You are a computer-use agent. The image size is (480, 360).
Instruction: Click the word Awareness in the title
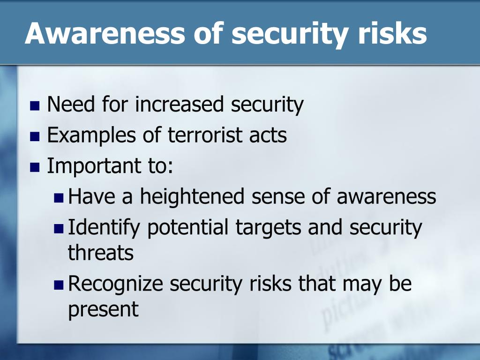pyautogui.click(x=105, y=33)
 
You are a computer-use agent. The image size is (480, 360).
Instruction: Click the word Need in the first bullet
pyautogui.click(x=71, y=105)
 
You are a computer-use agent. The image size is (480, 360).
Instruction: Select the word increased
pyautogui.click(x=180, y=105)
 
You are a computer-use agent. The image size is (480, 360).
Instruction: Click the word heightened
pyautogui.click(x=192, y=196)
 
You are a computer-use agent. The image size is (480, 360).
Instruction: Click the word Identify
pyautogui.click(x=104, y=228)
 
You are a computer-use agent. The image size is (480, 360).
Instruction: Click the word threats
pyautogui.click(x=100, y=253)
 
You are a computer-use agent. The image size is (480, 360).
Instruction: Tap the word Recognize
pyautogui.click(x=115, y=284)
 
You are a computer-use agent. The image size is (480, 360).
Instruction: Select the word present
pyautogui.click(x=103, y=310)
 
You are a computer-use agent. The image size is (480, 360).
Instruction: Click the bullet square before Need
pyautogui.click(x=35, y=105)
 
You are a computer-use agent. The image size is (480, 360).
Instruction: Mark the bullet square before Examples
pyautogui.click(x=35, y=136)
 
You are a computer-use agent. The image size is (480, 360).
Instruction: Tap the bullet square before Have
pyautogui.click(x=59, y=198)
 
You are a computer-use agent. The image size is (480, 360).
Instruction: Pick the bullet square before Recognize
pyautogui.click(x=59, y=285)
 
